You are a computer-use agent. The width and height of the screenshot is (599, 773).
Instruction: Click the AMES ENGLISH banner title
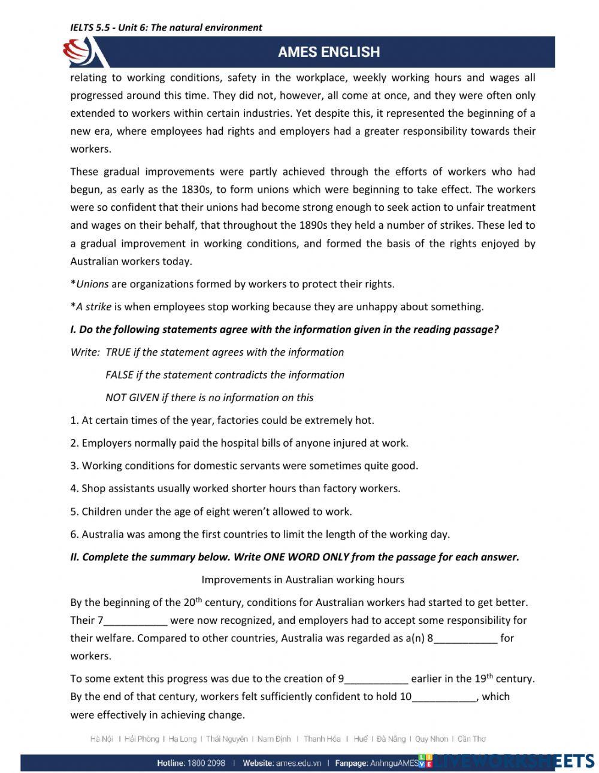328,52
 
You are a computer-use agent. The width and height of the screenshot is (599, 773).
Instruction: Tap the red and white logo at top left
83,53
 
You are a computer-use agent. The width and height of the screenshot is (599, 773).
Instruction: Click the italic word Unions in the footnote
92,284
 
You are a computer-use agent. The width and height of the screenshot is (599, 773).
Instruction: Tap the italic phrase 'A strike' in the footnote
93,307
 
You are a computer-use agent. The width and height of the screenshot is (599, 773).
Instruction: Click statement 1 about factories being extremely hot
222,420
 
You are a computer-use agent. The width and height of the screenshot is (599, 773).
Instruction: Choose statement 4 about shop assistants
235,489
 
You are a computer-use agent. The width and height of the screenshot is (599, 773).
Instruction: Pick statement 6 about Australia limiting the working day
259,534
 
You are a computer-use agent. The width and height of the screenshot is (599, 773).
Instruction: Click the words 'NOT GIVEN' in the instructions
124,398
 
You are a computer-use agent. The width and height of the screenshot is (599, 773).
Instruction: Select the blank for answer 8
465,639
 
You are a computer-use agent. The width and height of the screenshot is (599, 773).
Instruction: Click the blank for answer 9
376,679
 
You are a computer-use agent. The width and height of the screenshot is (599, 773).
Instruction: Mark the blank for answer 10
444,697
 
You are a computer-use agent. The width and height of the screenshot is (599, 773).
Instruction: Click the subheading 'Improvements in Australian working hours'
302,580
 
